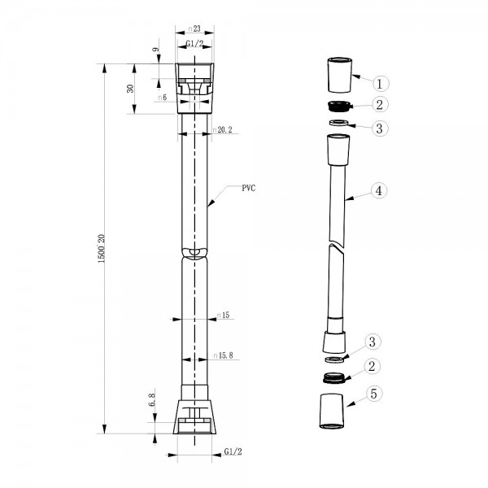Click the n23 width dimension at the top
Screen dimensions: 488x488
[194, 28]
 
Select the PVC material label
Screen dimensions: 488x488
[249, 188]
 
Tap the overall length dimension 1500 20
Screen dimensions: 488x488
[102, 249]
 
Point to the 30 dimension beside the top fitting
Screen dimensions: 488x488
[130, 89]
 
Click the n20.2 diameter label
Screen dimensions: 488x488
[222, 130]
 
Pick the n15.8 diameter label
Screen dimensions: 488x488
[223, 355]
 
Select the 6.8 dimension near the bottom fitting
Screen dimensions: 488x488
[151, 399]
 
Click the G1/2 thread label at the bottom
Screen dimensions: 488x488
[233, 451]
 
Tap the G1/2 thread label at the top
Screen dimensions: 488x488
[194, 43]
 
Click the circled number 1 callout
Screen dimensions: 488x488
[380, 84]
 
